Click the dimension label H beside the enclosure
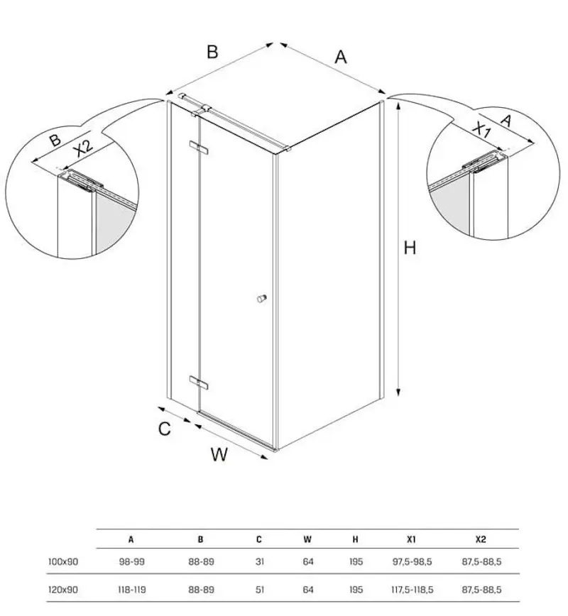410,248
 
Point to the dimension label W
219,454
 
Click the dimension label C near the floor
164,429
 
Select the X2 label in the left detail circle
84,148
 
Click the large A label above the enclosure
341,56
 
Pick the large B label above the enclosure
212,51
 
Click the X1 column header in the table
411,539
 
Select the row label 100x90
63,561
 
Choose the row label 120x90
63,589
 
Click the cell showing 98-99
131,561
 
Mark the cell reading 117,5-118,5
411,589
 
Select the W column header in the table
307,539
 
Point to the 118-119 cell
131,589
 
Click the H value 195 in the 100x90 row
356,561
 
